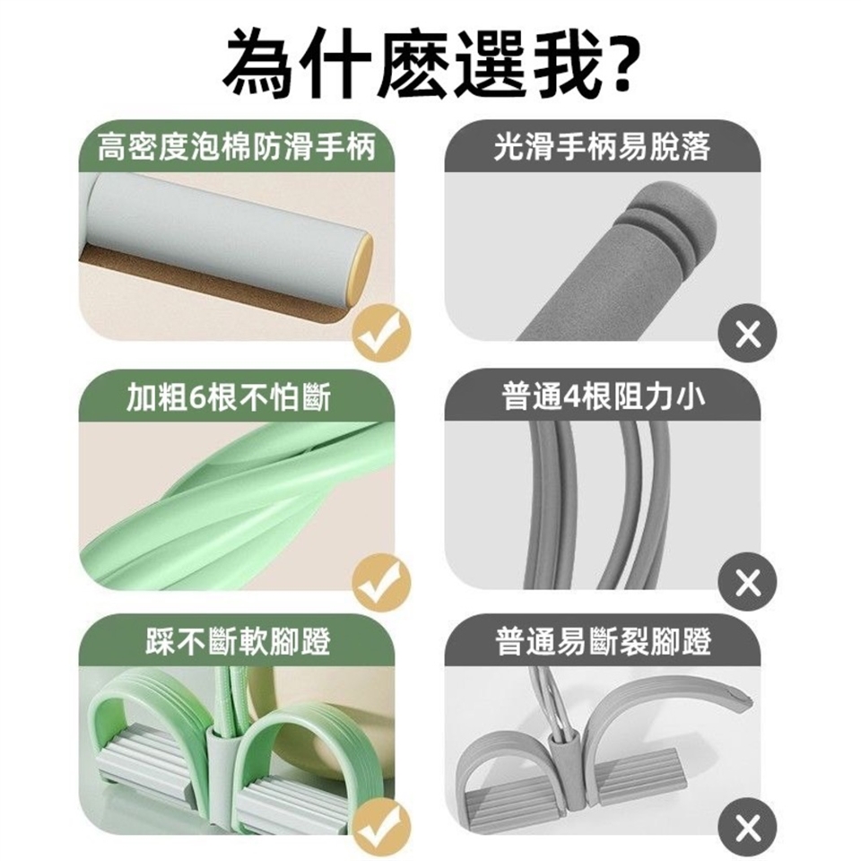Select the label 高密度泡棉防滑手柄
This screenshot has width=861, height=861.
tap(236, 146)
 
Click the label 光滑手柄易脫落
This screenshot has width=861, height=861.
tap(603, 146)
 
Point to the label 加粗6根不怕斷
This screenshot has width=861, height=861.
tap(229, 396)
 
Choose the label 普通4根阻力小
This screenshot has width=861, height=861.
tap(603, 396)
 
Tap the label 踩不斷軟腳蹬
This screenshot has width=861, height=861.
tap(238, 640)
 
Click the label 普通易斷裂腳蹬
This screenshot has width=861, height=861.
tap(603, 640)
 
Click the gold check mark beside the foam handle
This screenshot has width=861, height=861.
tap(382, 333)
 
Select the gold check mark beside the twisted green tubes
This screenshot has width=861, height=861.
tap(382, 581)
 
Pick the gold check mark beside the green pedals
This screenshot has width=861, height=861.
tap(382, 827)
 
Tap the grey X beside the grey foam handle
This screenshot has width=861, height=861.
tap(748, 333)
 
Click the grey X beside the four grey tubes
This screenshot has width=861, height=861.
tap(748, 581)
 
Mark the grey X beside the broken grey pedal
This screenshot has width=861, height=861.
tap(748, 827)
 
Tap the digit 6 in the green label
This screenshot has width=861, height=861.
tap(196, 397)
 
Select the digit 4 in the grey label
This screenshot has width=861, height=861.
tap(572, 397)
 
